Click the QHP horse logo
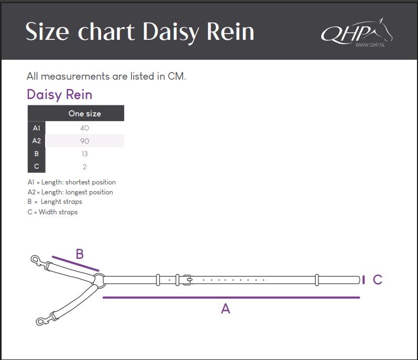click(x=356, y=32)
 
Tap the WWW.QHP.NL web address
click(x=370, y=45)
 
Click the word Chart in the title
click(x=106, y=32)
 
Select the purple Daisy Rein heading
click(x=60, y=95)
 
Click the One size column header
click(x=85, y=114)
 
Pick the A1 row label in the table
click(x=37, y=128)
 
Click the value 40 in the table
click(x=85, y=128)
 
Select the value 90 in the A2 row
click(x=85, y=141)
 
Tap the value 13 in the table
click(x=85, y=154)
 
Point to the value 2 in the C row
click(x=85, y=167)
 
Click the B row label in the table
click(x=37, y=154)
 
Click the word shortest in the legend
click(x=78, y=182)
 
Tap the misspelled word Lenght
click(x=51, y=202)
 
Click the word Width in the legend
click(x=48, y=212)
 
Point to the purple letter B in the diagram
click(x=80, y=254)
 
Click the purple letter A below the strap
click(x=226, y=309)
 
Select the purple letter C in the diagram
click(x=378, y=280)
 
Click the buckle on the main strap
click(x=188, y=280)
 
